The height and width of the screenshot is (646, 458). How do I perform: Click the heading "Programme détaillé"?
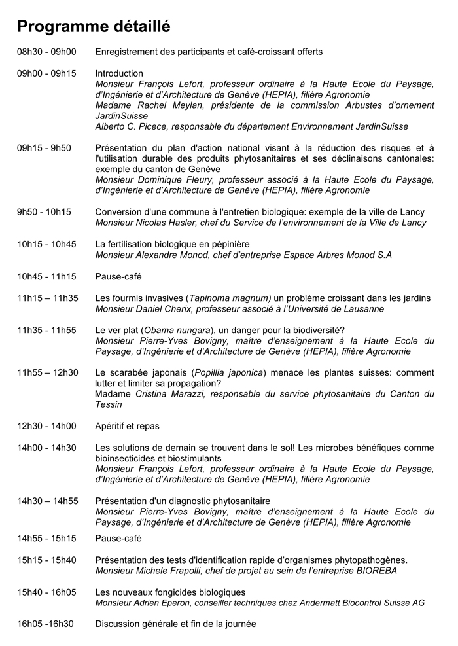tap(94, 26)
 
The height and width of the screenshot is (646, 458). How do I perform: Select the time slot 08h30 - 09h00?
tap(46, 52)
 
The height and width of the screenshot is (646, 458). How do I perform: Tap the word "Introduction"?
tap(119, 73)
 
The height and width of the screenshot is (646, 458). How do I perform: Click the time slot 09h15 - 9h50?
tap(44, 148)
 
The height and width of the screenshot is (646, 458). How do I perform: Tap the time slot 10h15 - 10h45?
tap(46, 244)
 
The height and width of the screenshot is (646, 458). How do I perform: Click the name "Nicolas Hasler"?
tap(167, 223)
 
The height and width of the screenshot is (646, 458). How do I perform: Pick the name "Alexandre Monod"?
tap(173, 255)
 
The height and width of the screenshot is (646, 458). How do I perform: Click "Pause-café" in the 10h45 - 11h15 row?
tap(118, 276)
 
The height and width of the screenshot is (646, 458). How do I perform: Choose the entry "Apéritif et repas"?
tap(127, 426)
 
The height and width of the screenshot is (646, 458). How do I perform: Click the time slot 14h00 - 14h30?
tap(46, 448)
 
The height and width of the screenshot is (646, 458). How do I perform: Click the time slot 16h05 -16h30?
tap(45, 624)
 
